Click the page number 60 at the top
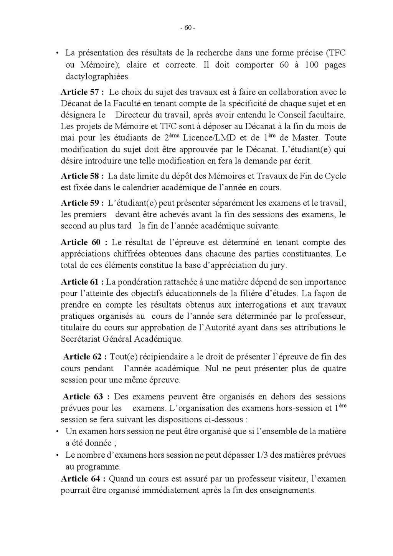point(188,28)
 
